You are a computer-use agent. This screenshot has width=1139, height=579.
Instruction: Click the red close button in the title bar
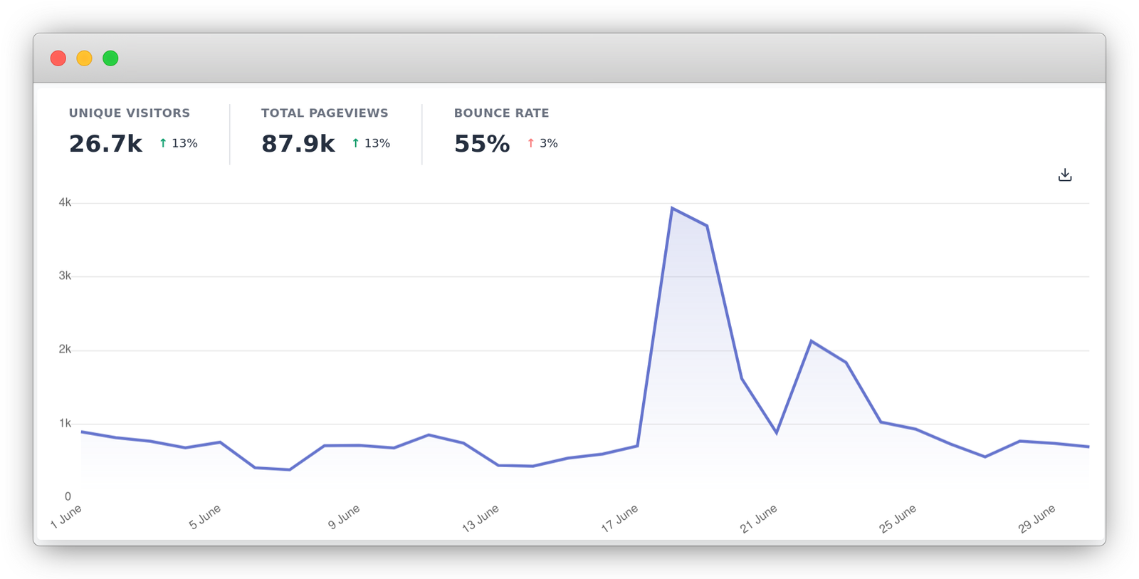click(x=58, y=58)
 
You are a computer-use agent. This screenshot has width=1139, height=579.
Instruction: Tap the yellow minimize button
click(x=84, y=58)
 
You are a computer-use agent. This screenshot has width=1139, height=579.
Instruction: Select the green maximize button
click(x=110, y=58)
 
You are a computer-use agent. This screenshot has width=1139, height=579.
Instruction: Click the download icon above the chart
click(x=1065, y=175)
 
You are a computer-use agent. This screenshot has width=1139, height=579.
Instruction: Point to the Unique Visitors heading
click(x=130, y=113)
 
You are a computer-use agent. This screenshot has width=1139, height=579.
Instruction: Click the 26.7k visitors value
click(x=105, y=144)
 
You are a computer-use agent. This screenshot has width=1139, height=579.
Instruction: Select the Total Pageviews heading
click(x=325, y=113)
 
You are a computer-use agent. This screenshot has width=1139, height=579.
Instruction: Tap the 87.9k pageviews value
click(x=298, y=144)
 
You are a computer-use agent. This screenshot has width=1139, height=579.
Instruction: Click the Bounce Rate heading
click(x=501, y=113)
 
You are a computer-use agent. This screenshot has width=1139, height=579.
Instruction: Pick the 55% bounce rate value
click(x=482, y=144)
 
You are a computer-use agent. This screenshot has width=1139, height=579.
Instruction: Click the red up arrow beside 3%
click(x=530, y=143)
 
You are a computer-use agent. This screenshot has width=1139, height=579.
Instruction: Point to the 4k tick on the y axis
click(x=65, y=203)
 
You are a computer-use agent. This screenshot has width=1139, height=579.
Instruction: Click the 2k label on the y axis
click(x=65, y=350)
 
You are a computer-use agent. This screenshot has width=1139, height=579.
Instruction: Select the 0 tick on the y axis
click(x=68, y=496)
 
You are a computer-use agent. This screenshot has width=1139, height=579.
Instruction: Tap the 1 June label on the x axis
click(x=66, y=516)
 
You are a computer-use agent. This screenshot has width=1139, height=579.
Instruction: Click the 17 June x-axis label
click(x=619, y=518)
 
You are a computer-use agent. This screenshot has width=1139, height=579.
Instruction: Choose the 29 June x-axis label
click(x=1036, y=518)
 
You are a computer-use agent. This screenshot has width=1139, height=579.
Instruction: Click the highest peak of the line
click(x=672, y=208)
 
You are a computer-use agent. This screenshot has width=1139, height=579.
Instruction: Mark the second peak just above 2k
click(x=812, y=341)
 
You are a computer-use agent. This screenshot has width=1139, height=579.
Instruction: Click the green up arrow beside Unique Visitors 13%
click(x=163, y=143)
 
